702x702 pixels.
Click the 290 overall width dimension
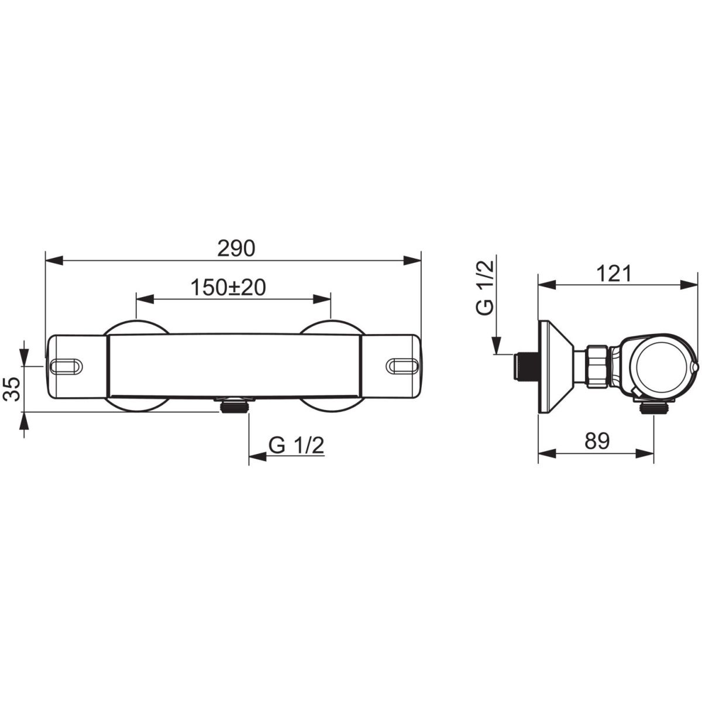[236, 249]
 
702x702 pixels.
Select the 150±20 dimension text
[228, 287]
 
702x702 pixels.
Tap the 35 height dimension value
[13, 389]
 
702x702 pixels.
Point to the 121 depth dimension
[614, 273]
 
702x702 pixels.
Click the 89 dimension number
[597, 441]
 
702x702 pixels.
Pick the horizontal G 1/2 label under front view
[296, 445]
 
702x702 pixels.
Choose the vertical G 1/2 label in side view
[485, 288]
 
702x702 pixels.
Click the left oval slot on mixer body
[67, 366]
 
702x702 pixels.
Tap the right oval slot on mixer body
[402, 366]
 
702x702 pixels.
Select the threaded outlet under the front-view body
[235, 405]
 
